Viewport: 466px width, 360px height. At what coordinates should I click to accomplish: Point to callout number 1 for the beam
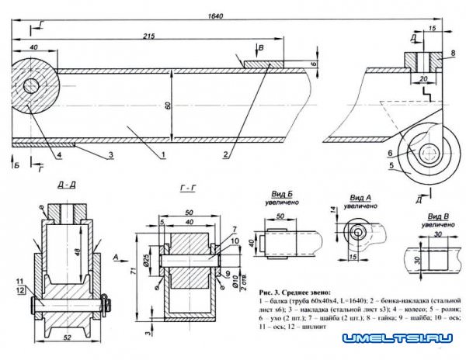165,154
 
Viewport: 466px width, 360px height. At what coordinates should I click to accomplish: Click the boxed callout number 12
20,290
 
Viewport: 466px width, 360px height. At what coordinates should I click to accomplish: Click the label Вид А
360,199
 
